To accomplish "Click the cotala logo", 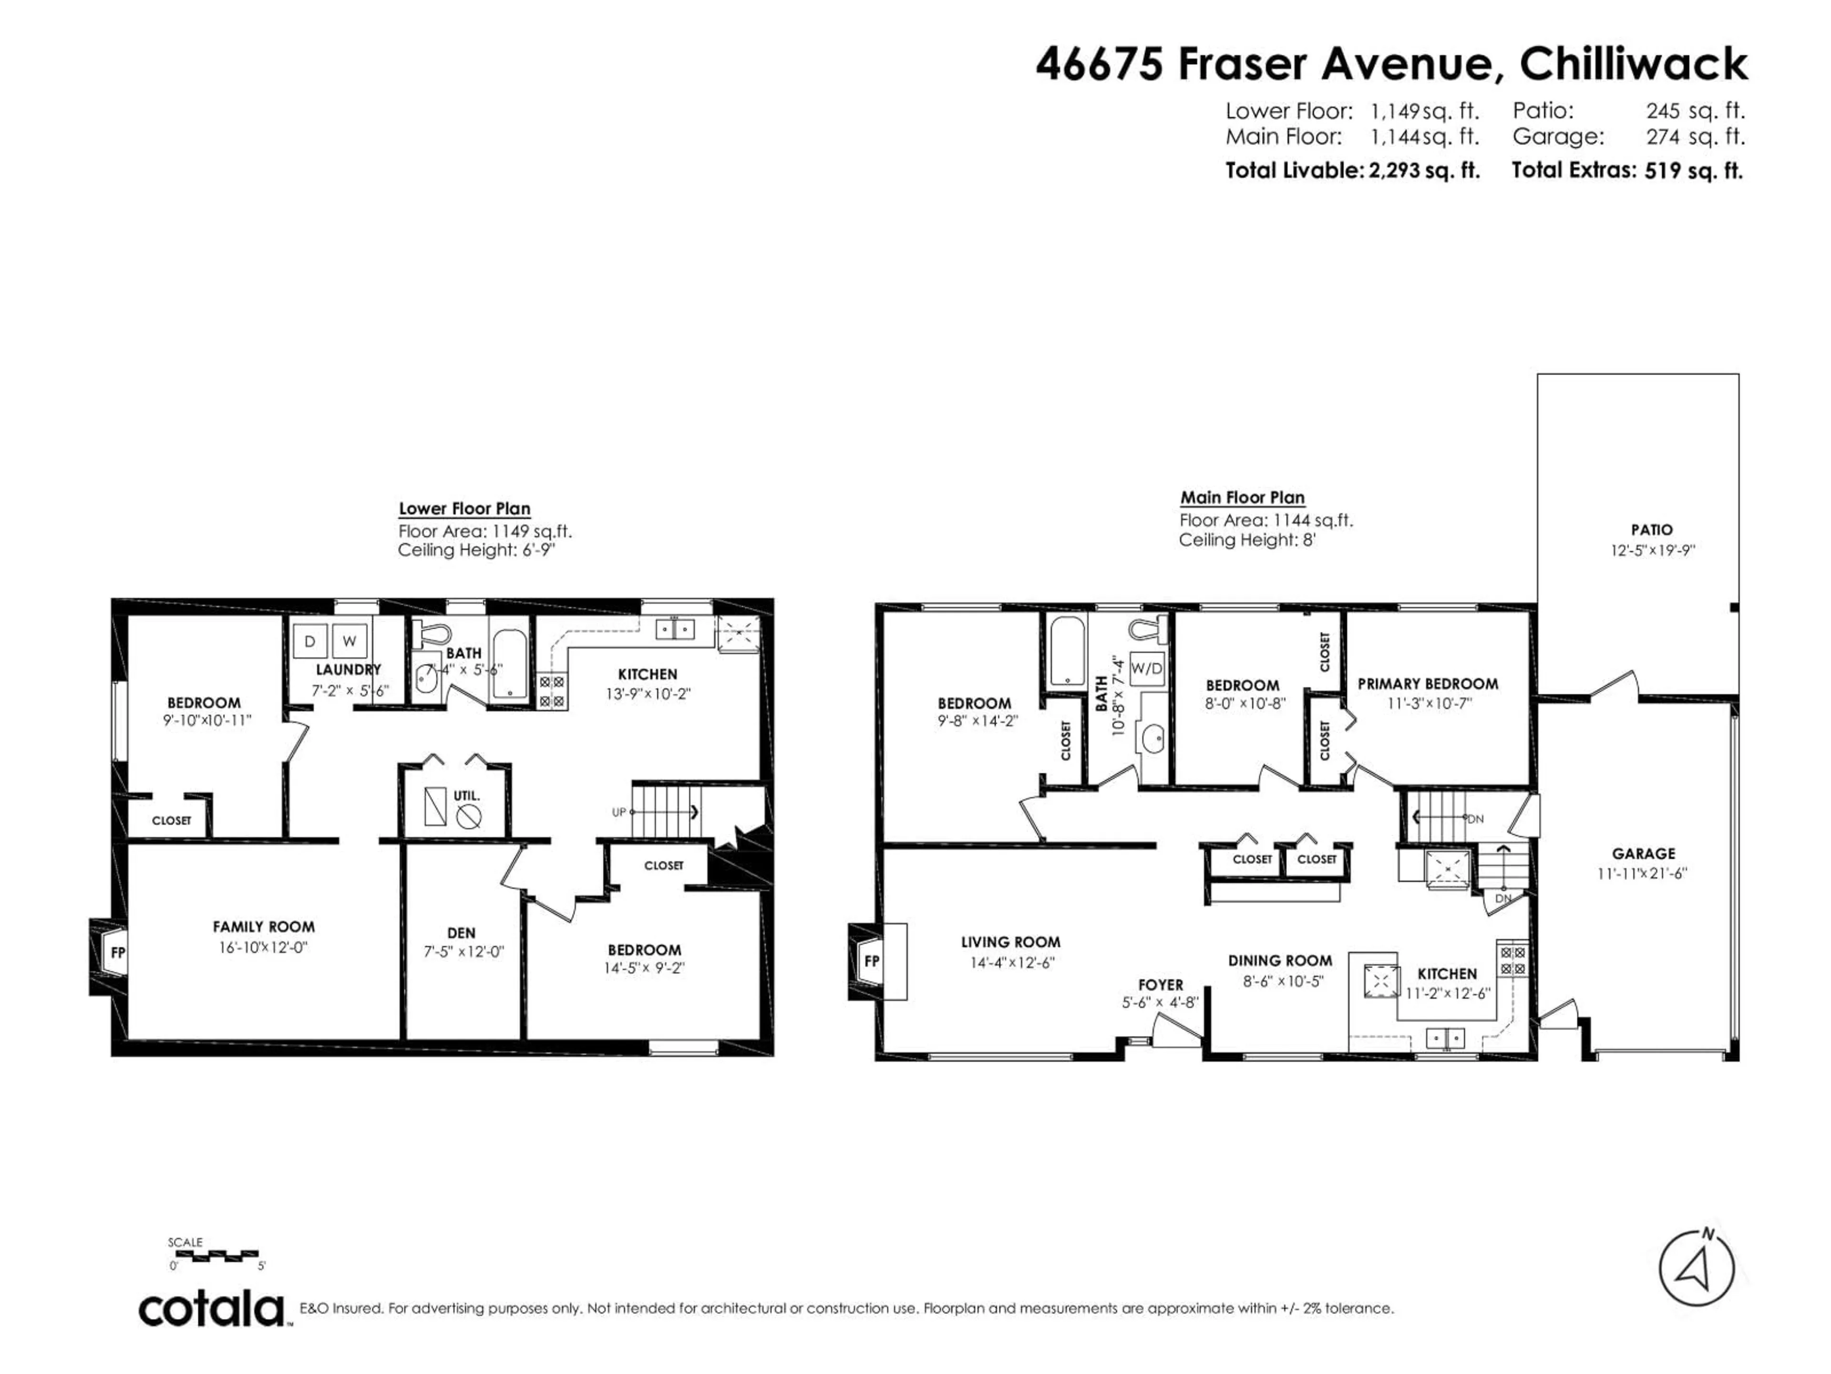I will pos(211,1310).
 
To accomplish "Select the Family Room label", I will pos(263,927).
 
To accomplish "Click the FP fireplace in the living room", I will pos(872,961).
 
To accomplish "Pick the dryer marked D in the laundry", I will pos(309,641).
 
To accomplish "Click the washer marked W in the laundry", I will pos(350,641).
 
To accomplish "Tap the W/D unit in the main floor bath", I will pos(1146,667).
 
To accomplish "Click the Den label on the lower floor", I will pos(461,933).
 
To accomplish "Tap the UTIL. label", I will pos(467,795).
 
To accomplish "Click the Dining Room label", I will pos(1280,961).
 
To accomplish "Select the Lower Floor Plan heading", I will pos(464,509).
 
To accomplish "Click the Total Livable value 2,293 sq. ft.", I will pos(1424,171).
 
